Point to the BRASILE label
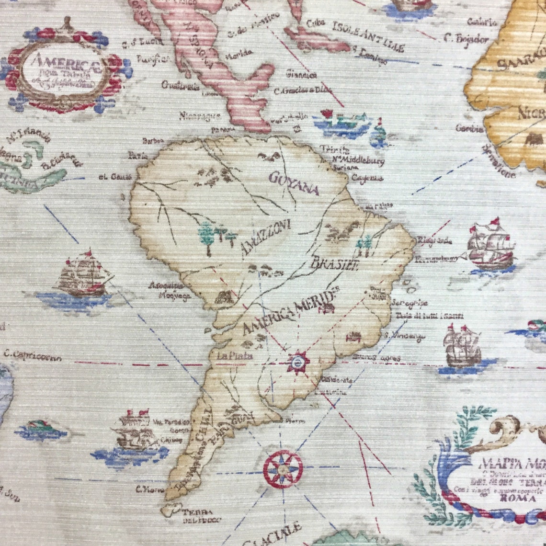(x=335, y=263)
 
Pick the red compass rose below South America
(x=283, y=469)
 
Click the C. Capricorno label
(x=33, y=355)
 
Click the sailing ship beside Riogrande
(x=490, y=246)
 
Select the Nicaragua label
(x=200, y=115)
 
